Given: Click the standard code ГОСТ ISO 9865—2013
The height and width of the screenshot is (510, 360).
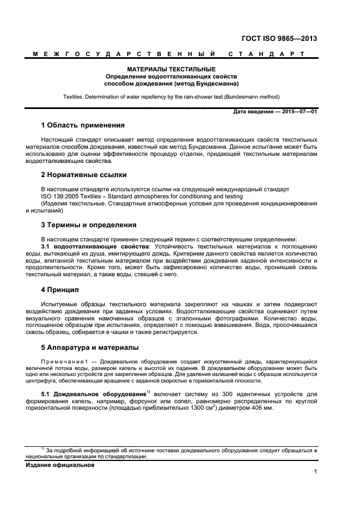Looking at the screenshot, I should [x=279, y=39].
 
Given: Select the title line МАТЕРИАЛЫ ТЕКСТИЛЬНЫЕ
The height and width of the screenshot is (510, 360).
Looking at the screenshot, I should [x=172, y=70].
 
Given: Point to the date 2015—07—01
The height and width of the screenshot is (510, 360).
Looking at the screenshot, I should [x=298, y=112].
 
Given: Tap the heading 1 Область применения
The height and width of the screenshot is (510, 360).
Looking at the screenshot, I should [x=83, y=125].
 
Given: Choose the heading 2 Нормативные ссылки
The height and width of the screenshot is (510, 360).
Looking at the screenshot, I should [x=84, y=175].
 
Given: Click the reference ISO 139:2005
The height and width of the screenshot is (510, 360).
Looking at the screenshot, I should [x=62, y=196].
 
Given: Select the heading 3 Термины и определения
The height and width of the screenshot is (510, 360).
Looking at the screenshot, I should [x=89, y=224].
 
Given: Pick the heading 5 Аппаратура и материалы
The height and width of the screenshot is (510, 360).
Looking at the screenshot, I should [x=90, y=347].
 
